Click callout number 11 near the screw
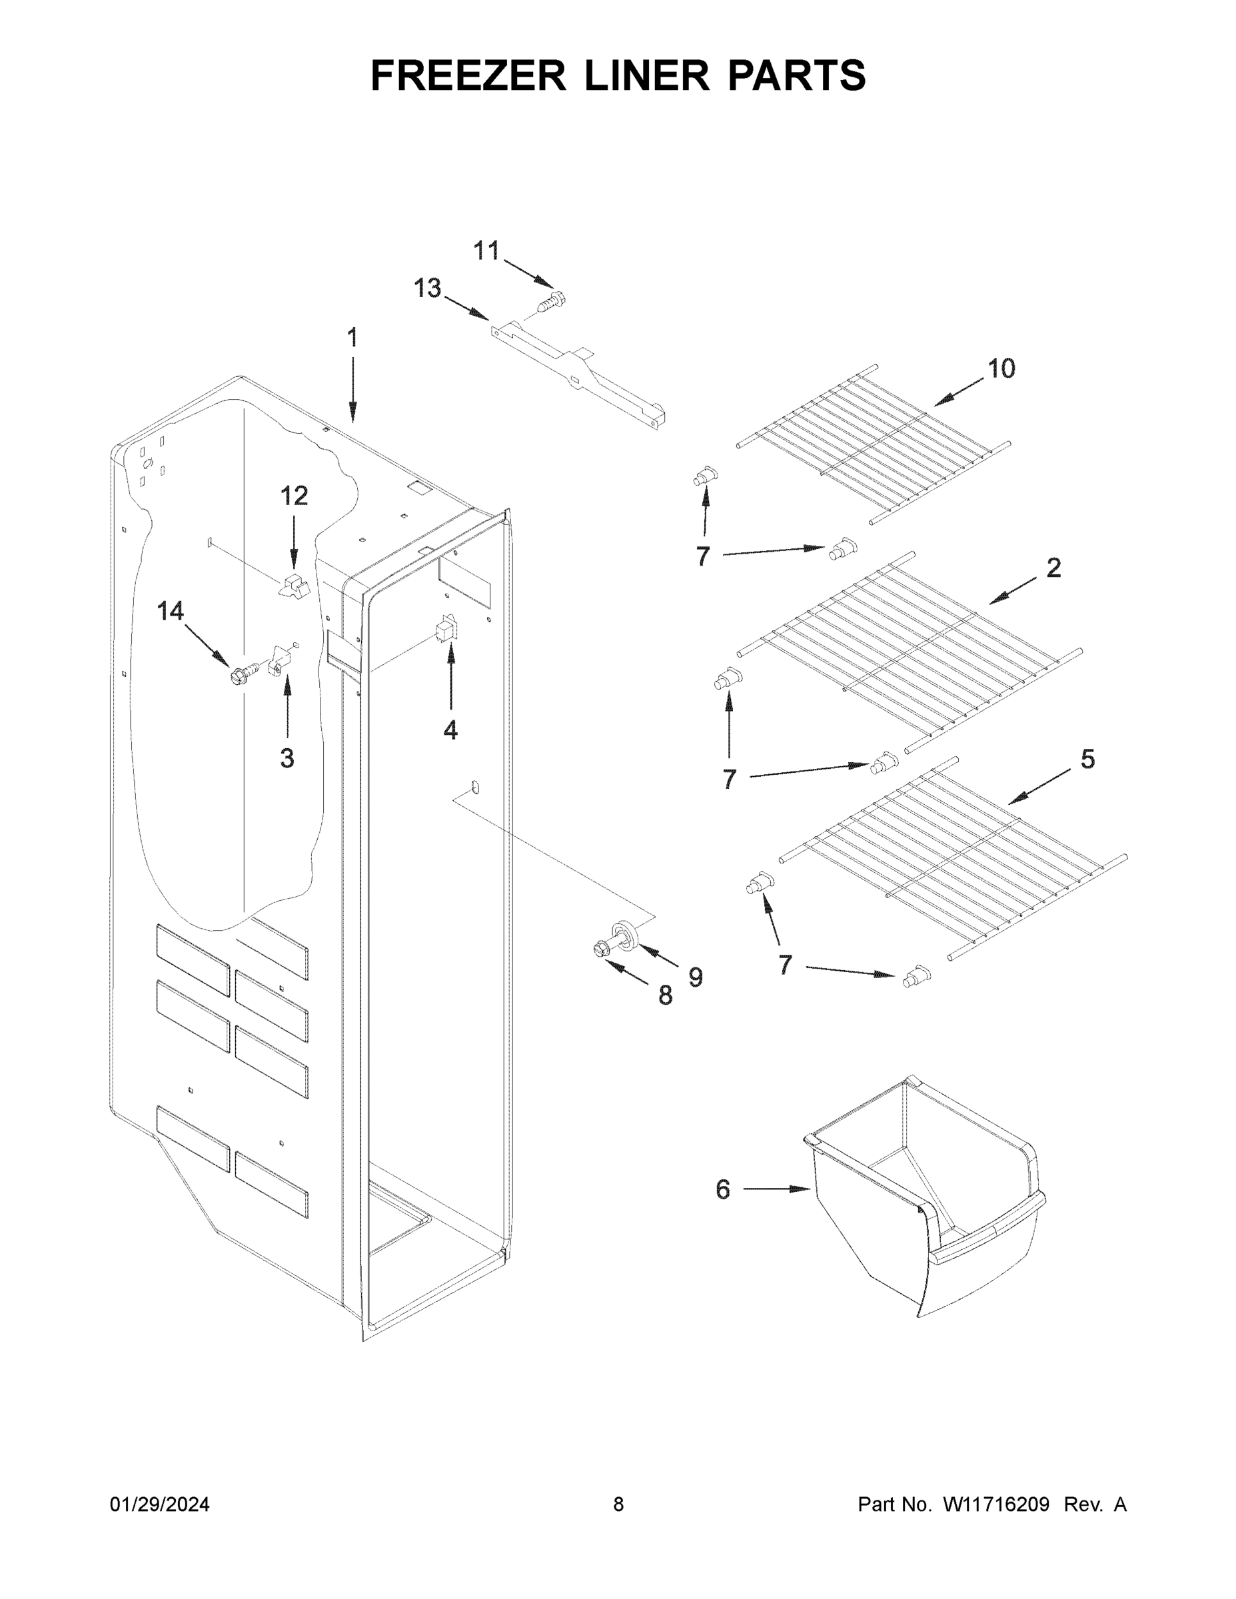(486, 251)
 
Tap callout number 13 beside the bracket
(428, 288)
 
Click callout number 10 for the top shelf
(1001, 368)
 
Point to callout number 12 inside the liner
(295, 496)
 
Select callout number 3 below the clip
(287, 758)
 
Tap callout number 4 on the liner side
(450, 730)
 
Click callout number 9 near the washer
(695, 977)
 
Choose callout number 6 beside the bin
(723, 1190)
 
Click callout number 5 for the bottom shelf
(1088, 760)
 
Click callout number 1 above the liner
(352, 338)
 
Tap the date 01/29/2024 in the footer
(160, 1504)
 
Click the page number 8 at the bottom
(618, 1504)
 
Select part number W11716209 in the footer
(996, 1504)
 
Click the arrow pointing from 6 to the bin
(776, 1190)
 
